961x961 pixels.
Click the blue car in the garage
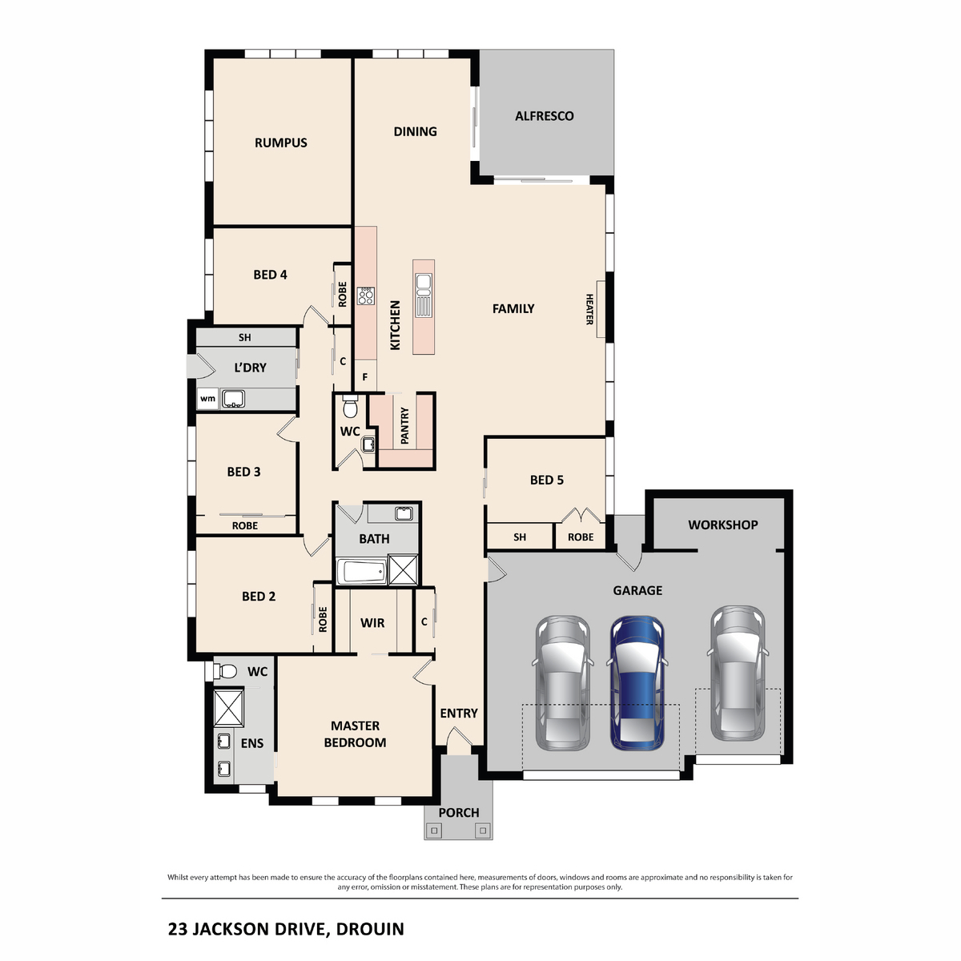[x=637, y=683]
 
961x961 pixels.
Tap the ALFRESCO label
[x=544, y=116]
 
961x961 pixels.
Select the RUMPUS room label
[x=280, y=143]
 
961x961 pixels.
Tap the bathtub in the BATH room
[x=360, y=572]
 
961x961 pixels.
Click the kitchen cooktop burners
[x=366, y=296]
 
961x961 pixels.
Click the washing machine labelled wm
[x=207, y=398]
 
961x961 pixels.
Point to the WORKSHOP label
[x=722, y=525]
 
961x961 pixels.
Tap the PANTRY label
[x=404, y=425]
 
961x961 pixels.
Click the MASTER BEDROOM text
[x=355, y=734]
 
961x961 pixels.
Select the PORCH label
[x=458, y=812]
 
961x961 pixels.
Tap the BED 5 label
[x=546, y=480]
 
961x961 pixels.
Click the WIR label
[x=372, y=622]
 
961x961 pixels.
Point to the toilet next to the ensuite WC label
[x=227, y=671]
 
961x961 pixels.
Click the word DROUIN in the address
[x=370, y=929]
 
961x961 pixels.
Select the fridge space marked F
[x=365, y=376]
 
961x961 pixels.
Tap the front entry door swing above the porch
[x=458, y=745]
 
